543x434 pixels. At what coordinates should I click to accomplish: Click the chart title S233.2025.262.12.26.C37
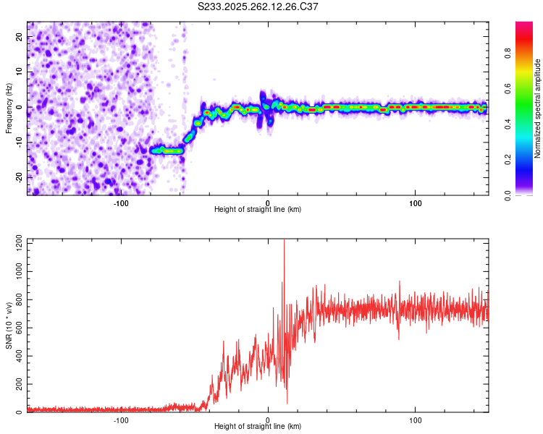pos(258,7)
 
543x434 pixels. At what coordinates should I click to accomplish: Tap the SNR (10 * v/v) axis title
pos(9,326)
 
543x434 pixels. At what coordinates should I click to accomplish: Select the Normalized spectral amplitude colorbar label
pos(538,109)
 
